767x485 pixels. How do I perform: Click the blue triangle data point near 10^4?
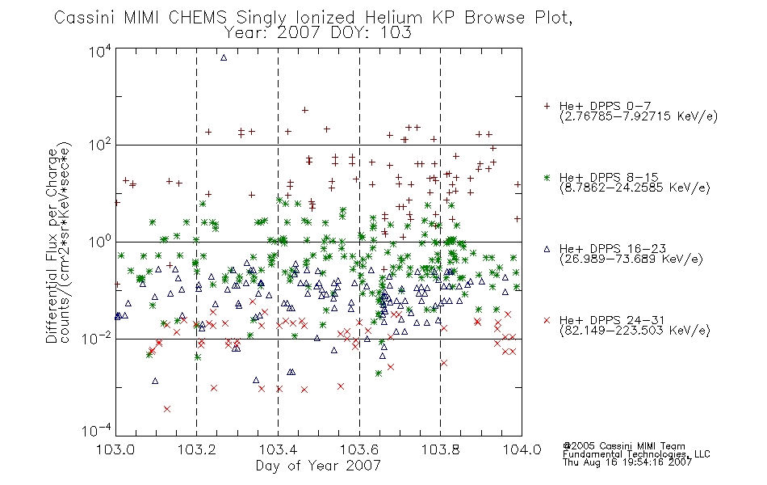(224, 57)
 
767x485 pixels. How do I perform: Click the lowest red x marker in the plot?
(167, 408)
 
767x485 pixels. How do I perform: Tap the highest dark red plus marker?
(304, 110)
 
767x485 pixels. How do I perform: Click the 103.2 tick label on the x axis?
(197, 449)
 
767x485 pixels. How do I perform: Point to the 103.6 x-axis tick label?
(359, 449)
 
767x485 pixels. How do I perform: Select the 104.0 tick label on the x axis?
(522, 449)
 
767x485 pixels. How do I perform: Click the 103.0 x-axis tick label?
(116, 449)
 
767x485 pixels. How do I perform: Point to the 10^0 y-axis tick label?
(100, 241)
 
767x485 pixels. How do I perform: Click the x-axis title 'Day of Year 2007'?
(318, 466)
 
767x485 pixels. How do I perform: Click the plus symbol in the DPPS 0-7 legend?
(547, 106)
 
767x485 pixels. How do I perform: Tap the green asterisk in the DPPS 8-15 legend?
(547, 177)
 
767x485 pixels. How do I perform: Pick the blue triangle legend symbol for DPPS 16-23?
(547, 249)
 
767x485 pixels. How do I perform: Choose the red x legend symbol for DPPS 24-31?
(547, 320)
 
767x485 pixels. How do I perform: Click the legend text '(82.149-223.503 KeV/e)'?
(635, 331)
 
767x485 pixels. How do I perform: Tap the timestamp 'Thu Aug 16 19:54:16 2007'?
(627, 462)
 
